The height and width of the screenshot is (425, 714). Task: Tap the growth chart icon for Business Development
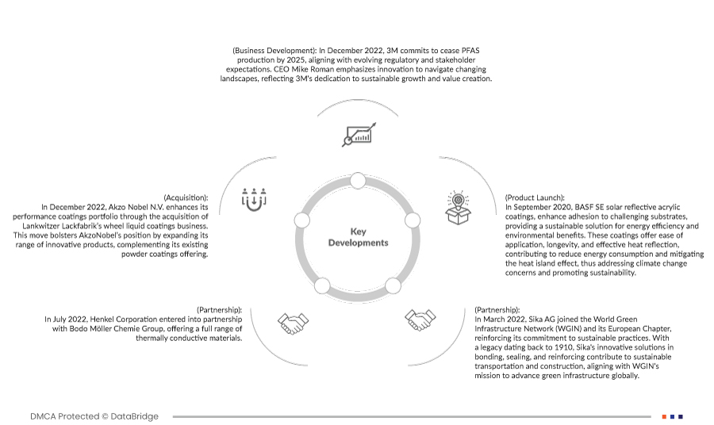[357, 136]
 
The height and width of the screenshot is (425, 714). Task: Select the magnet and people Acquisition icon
[251, 198]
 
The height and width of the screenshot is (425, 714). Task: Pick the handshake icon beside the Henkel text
[292, 321]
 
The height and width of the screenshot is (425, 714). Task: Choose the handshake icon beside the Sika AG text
[421, 319]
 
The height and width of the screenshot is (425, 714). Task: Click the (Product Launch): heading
[535, 197]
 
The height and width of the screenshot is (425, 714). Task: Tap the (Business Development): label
[271, 51]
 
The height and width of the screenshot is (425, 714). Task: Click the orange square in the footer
[663, 416]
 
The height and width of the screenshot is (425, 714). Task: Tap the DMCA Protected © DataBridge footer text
[94, 416]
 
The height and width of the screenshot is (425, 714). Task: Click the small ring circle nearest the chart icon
[357, 182]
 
